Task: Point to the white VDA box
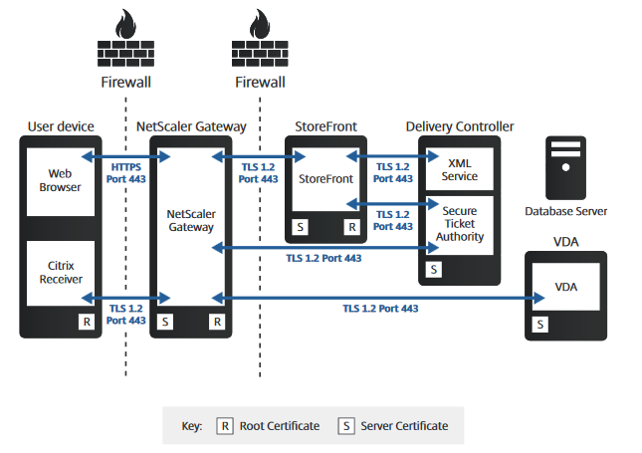click(563, 288)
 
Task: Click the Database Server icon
click(564, 170)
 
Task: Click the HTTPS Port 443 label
click(125, 173)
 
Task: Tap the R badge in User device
click(87, 322)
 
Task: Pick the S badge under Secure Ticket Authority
click(433, 269)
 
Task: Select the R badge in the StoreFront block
click(351, 227)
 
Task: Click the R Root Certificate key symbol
click(225, 426)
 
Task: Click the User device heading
click(61, 126)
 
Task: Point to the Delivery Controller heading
click(460, 126)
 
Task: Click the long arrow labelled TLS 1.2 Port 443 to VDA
click(378, 297)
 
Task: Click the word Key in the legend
click(192, 426)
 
